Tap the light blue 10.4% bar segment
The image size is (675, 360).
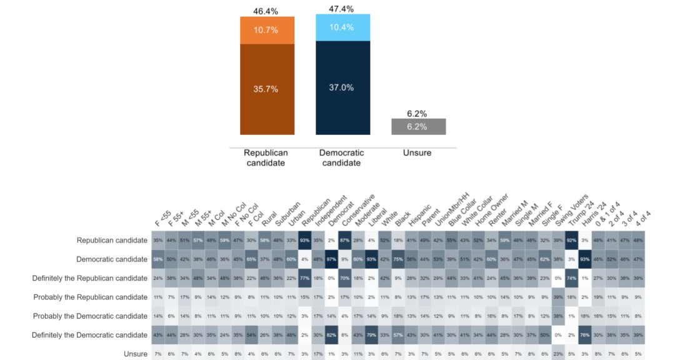coord(342,27)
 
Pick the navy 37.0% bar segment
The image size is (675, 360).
coord(342,87)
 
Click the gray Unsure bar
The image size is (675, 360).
coord(418,126)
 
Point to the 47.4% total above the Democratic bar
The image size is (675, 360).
coord(342,9)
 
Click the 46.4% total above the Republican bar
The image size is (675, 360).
coord(266,11)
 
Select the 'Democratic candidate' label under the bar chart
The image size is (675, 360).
coord(341,157)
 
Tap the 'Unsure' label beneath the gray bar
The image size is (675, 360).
coord(417,152)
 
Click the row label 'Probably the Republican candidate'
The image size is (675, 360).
coord(90,297)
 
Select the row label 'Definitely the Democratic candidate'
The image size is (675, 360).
coord(90,335)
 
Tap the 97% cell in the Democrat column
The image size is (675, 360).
coord(331,259)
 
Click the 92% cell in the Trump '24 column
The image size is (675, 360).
coord(570,240)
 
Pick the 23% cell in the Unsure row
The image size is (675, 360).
coord(557,354)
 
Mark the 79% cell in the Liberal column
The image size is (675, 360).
coord(371,335)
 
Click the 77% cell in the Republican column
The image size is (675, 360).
coord(305,278)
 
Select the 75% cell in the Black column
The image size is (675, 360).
coord(397,259)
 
